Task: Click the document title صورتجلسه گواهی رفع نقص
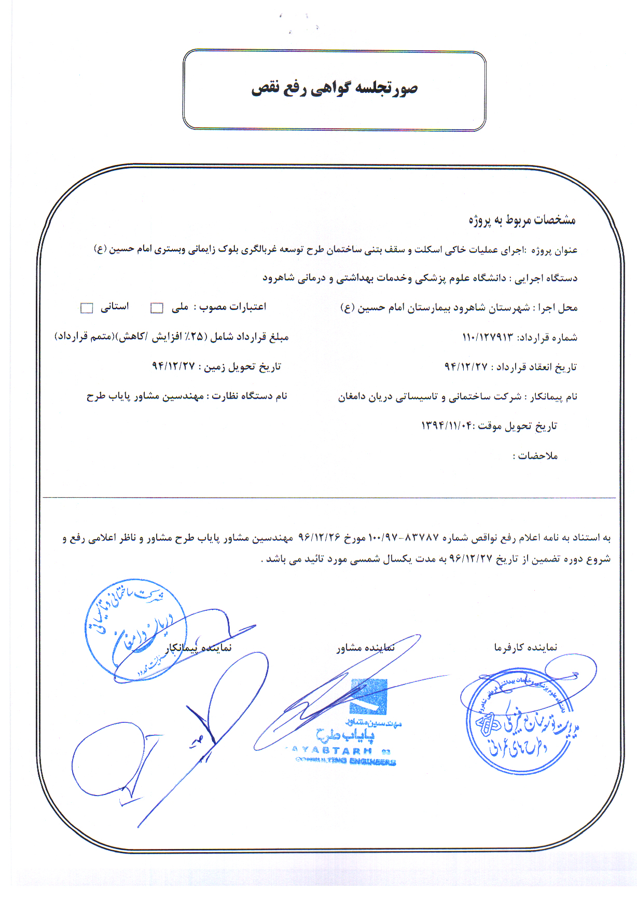(335, 89)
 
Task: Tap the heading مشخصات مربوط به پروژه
(522, 220)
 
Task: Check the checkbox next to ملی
(157, 308)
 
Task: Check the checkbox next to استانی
(86, 308)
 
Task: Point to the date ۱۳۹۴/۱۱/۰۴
(447, 426)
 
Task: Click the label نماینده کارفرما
(525, 647)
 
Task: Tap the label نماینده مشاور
(366, 647)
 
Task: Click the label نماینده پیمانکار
(199, 648)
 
